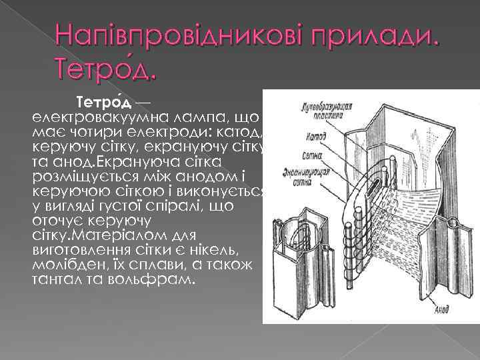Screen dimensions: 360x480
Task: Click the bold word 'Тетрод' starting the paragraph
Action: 103,103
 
